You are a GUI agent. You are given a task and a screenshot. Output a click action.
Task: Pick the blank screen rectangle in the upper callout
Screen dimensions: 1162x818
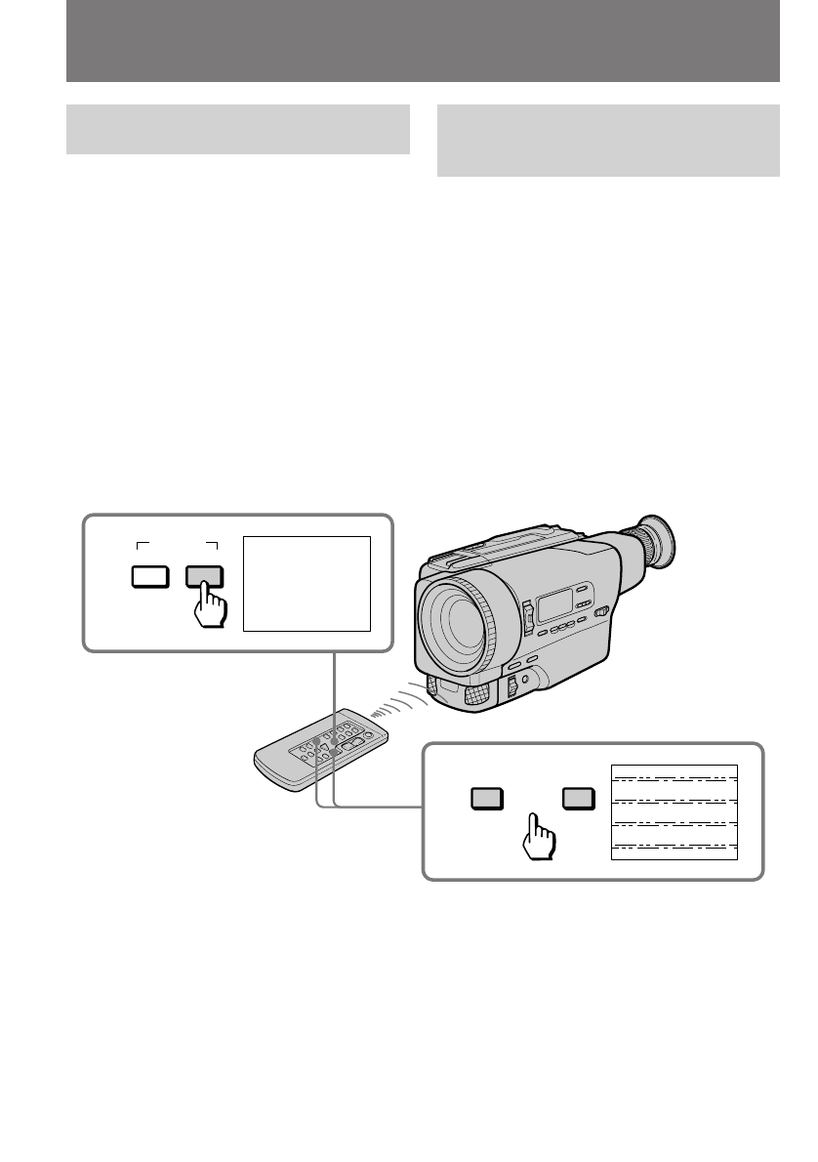(x=307, y=583)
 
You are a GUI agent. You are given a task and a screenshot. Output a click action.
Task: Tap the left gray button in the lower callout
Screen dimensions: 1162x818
(x=486, y=799)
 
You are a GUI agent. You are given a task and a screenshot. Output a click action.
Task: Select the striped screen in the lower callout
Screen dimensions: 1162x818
(x=674, y=811)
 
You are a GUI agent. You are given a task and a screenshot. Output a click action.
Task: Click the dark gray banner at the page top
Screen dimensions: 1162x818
(x=423, y=41)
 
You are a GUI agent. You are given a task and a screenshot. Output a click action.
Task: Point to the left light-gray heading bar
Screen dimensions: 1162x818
(x=237, y=129)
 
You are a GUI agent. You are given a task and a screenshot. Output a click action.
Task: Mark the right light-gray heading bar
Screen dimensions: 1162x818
(x=608, y=141)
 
